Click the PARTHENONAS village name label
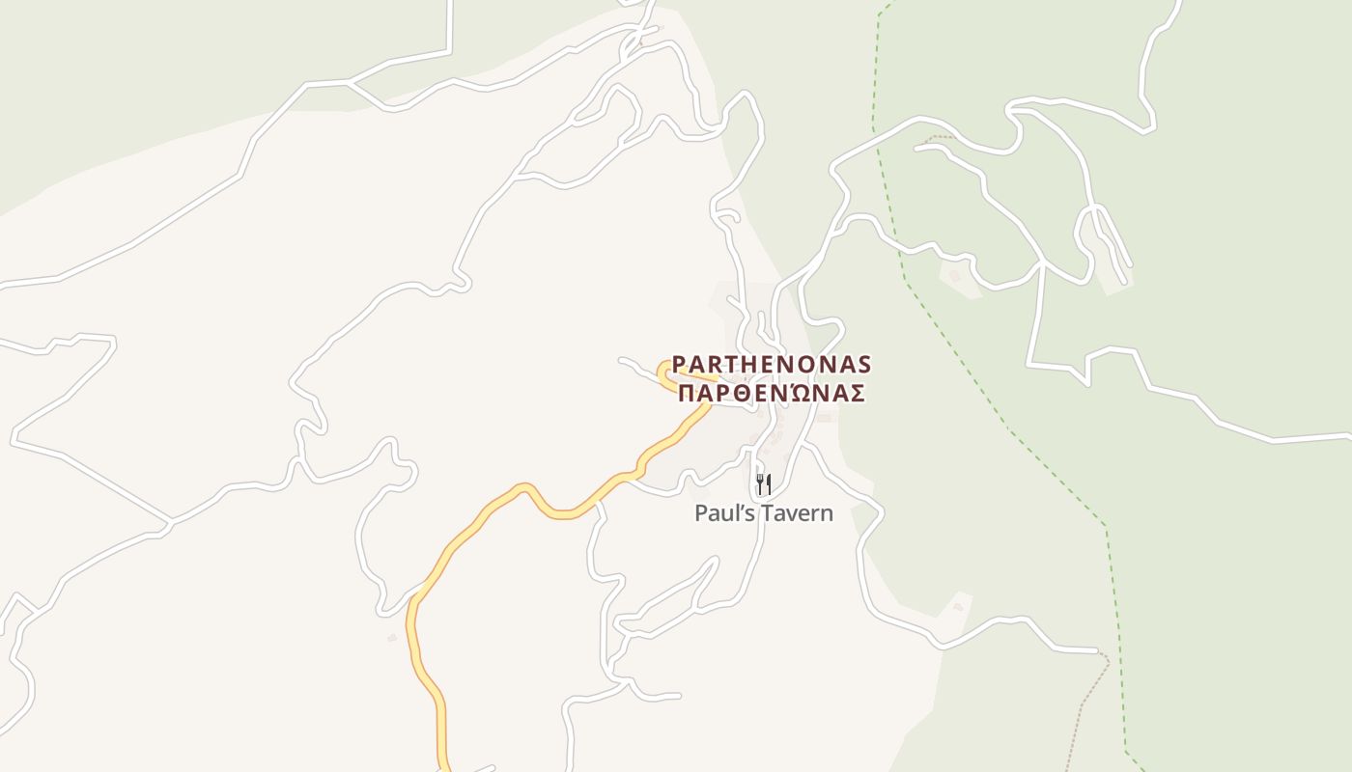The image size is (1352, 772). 772,364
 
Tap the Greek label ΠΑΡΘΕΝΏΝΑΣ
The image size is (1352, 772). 771,394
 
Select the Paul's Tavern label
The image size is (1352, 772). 763,512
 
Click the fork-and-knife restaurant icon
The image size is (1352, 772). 763,482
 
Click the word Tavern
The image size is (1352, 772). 797,512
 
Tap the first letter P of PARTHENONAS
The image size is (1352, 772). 679,364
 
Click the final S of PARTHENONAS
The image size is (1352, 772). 863,364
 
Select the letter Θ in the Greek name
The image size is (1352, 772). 744,394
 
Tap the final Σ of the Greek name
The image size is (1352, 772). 857,394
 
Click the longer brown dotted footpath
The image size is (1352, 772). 1082,714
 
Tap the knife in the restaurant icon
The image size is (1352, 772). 769,482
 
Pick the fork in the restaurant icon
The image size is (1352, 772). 759,482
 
